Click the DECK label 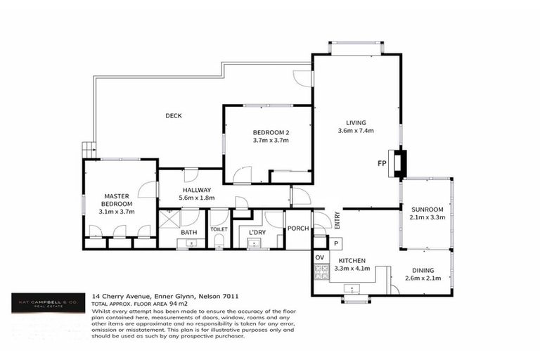(x=174, y=116)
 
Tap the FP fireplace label (x=382, y=164)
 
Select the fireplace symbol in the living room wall (x=399, y=163)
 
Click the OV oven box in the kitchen (x=320, y=258)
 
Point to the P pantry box (x=336, y=243)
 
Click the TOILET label (x=219, y=229)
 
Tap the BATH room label (x=188, y=232)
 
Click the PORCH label (x=298, y=229)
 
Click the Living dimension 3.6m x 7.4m (x=355, y=130)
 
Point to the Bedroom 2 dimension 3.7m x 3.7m (x=271, y=141)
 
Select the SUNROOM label (x=426, y=210)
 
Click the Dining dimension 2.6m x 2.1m (x=423, y=279)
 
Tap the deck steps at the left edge (x=88, y=149)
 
